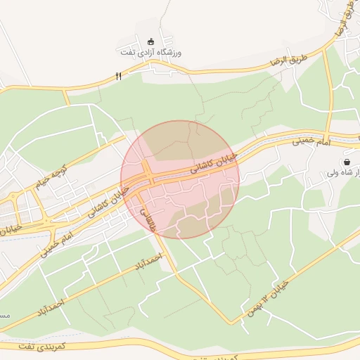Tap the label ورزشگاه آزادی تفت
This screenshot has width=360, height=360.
(152, 53)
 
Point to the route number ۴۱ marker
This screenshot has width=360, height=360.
(118, 75)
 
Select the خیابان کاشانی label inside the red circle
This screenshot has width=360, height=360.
(215, 164)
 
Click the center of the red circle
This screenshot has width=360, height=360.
(180, 179)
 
